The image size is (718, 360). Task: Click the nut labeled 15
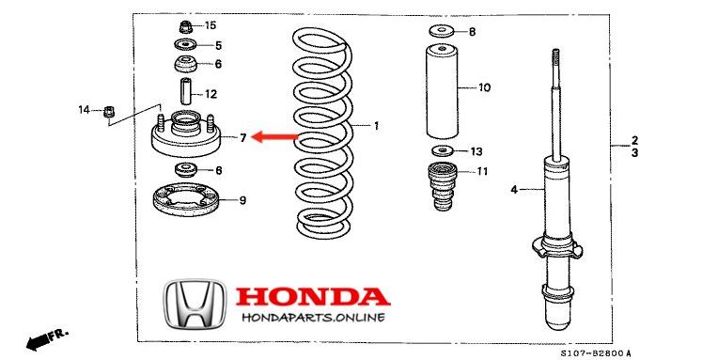(184, 24)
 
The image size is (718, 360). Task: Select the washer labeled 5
(184, 45)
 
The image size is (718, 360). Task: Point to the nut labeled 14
(109, 111)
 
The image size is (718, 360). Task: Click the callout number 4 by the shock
(513, 191)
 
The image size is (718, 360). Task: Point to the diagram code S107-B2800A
(595, 352)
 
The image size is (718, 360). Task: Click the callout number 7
(242, 138)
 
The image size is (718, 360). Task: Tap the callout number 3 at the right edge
(634, 151)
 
